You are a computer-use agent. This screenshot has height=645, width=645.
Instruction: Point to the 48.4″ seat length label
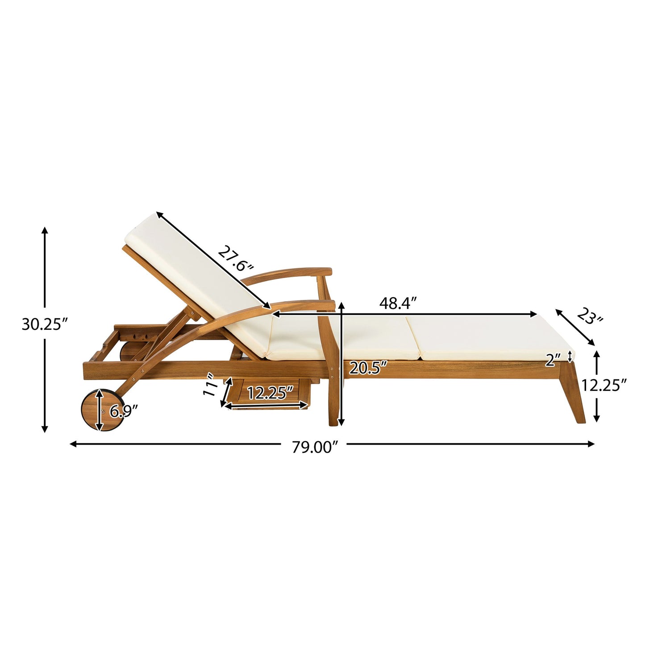(398, 304)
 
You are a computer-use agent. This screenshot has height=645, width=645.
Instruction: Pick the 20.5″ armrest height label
(367, 368)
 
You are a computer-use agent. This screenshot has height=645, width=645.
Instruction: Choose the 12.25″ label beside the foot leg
(604, 385)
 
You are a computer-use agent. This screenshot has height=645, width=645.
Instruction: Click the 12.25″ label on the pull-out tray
(270, 393)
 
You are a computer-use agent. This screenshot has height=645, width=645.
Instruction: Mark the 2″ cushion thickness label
(552, 360)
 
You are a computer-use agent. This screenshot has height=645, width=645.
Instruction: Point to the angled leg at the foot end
(573, 393)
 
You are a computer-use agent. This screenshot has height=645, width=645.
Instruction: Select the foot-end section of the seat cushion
(487, 337)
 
